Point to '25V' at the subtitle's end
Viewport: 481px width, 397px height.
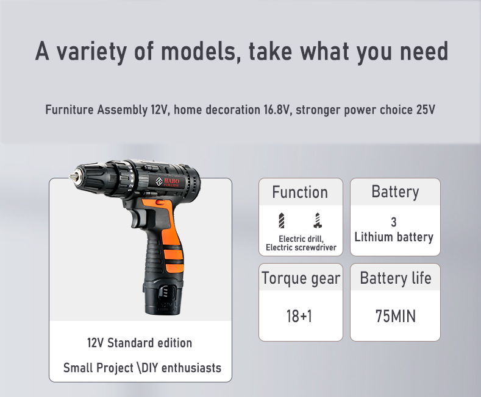[426, 111]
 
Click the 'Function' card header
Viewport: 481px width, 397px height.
[300, 192]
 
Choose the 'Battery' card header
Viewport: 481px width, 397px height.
[395, 192]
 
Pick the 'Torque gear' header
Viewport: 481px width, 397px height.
[301, 279]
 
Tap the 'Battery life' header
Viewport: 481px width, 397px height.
[395, 279]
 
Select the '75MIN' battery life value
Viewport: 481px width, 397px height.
[395, 317]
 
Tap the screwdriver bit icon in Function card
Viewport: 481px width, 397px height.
[317, 219]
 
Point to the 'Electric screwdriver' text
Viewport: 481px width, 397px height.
[301, 248]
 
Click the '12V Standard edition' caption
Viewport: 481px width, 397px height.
[140, 343]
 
